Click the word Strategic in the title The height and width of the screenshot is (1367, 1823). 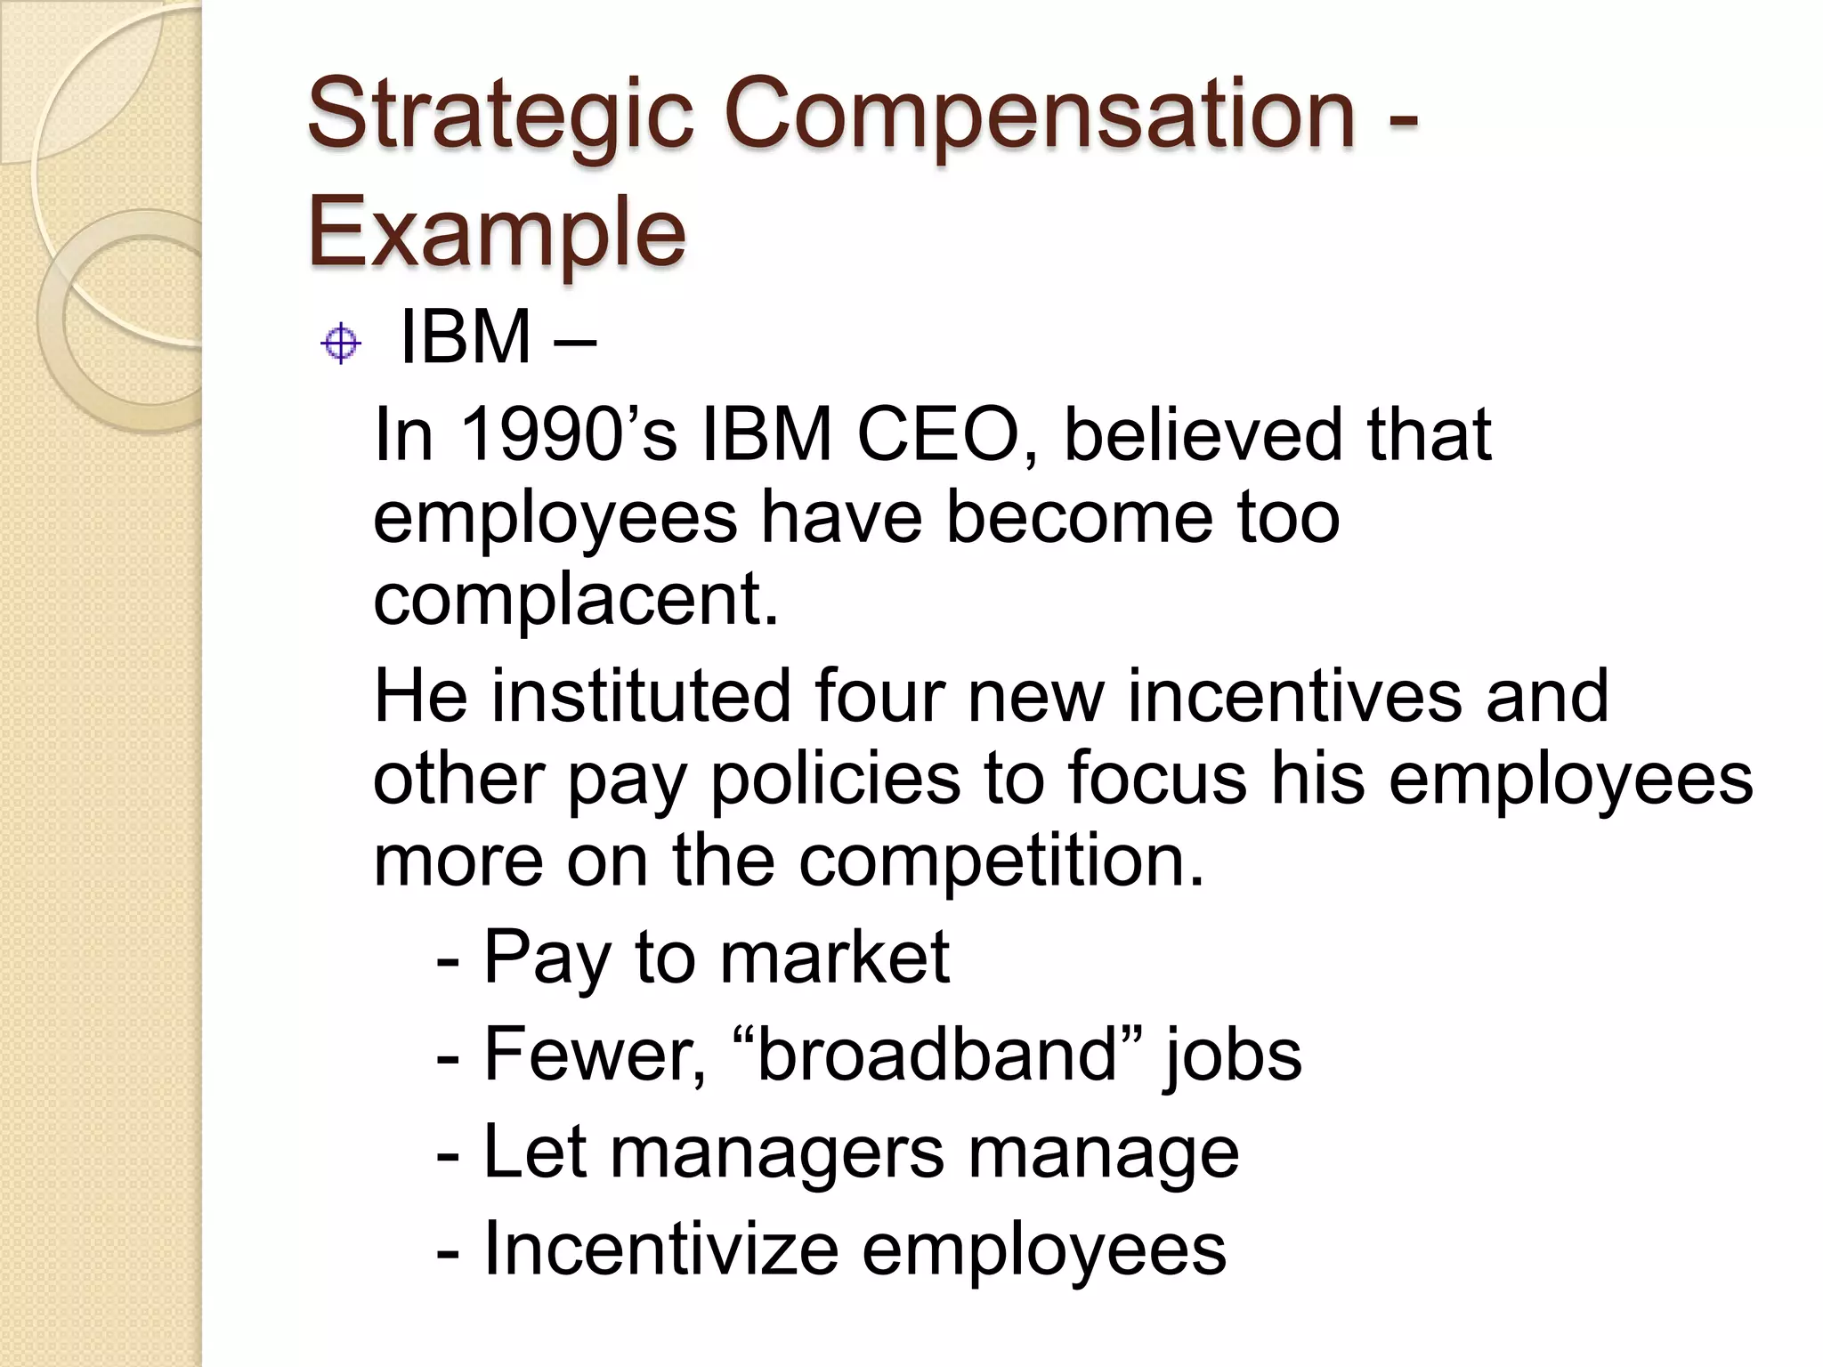pos(499,116)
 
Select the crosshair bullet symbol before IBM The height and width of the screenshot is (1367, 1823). pos(340,344)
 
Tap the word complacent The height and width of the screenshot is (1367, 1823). pos(575,598)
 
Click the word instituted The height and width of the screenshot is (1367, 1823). pos(641,695)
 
